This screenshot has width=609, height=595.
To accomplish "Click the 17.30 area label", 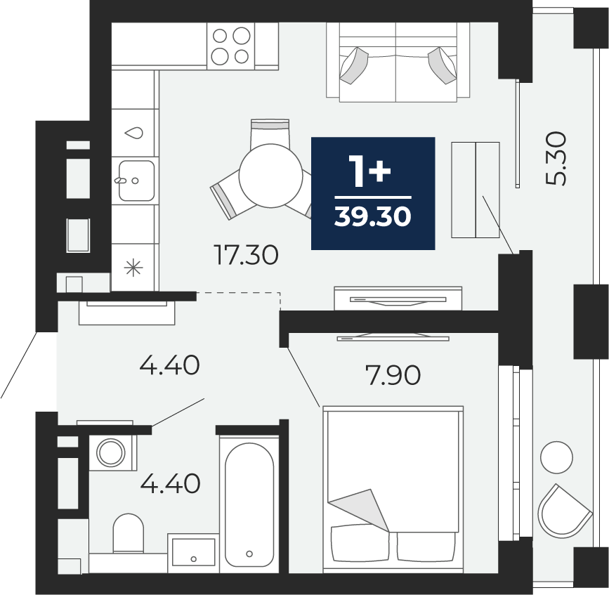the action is click(x=247, y=256).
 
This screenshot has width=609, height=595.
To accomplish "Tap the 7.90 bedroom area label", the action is click(x=393, y=376).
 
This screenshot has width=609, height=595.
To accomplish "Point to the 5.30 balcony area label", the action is click(x=556, y=159).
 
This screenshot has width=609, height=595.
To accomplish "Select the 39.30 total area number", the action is click(x=372, y=216).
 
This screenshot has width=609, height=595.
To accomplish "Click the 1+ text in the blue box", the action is click(x=370, y=171).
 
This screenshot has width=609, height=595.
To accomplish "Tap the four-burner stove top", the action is click(x=230, y=46).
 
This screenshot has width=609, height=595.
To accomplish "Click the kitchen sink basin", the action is click(x=136, y=181).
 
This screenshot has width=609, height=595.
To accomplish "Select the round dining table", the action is click(x=270, y=175).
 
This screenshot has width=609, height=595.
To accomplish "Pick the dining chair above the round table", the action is click(x=270, y=132).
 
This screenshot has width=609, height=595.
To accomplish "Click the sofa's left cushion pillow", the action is click(x=353, y=65).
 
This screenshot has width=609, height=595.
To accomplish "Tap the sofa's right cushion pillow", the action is click(x=443, y=65).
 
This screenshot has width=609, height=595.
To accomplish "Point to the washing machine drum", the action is click(x=111, y=452).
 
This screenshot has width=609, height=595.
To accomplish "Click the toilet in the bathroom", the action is click(x=128, y=533).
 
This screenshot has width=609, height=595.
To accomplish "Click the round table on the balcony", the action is click(x=556, y=457).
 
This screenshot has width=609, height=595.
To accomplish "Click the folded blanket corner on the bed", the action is click(x=359, y=509).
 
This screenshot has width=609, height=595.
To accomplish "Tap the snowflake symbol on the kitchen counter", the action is click(x=133, y=268).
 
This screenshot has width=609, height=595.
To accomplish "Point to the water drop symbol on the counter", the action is click(x=133, y=133).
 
